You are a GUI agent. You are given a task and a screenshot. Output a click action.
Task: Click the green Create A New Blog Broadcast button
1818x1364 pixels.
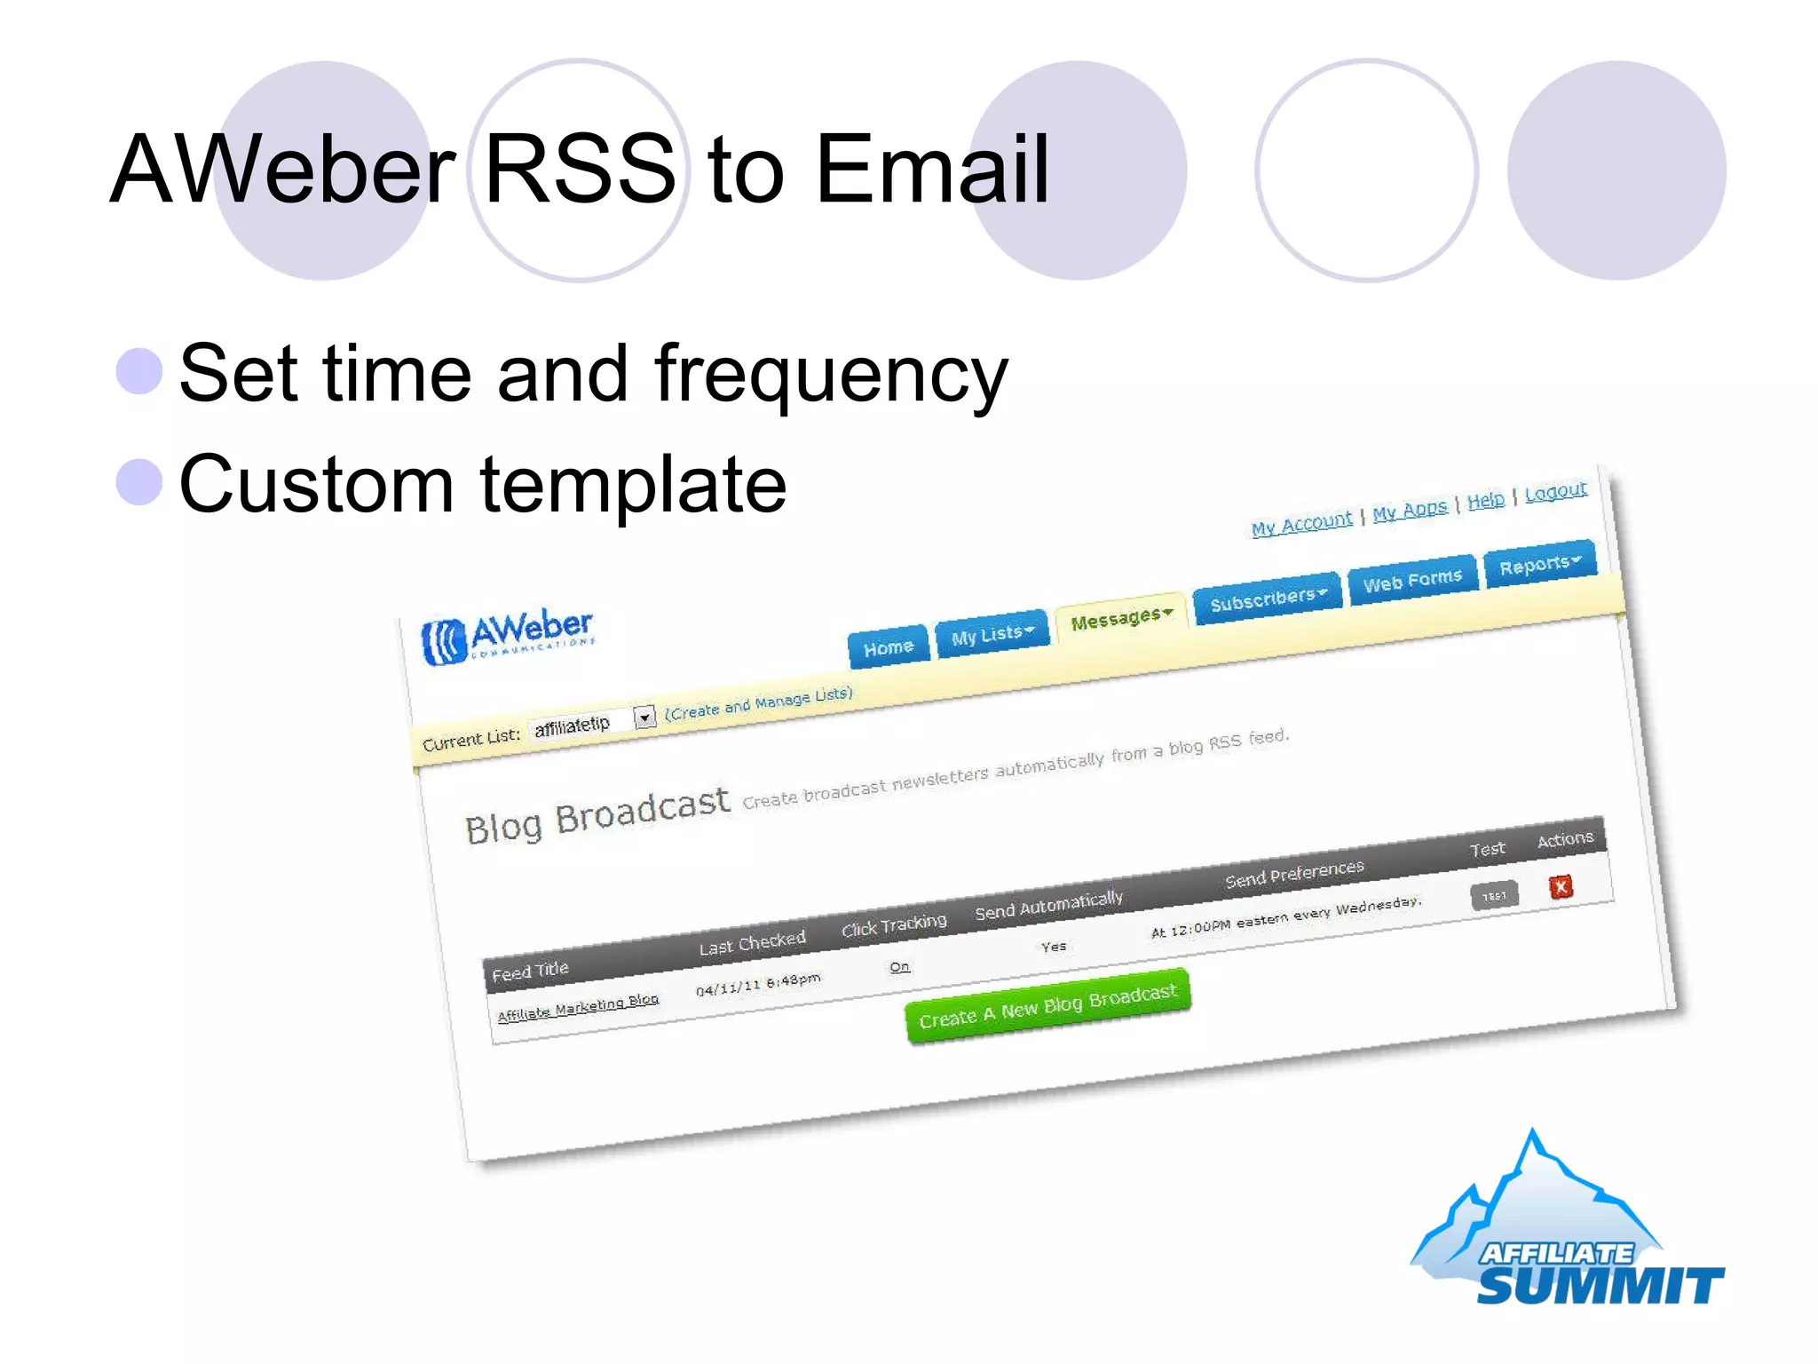(x=1047, y=1006)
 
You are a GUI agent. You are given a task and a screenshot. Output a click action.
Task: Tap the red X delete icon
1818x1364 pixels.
(x=1561, y=886)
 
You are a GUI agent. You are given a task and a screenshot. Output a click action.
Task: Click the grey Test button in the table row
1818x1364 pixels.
(x=1494, y=896)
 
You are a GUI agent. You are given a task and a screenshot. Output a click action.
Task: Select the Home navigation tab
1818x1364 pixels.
(x=888, y=646)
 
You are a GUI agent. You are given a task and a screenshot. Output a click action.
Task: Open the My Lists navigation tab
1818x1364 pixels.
(x=992, y=634)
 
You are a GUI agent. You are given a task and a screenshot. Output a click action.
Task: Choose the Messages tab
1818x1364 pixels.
(x=1121, y=617)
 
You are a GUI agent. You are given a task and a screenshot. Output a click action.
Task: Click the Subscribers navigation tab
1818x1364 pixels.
(x=1267, y=599)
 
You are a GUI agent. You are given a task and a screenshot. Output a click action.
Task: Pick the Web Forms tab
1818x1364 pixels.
(x=1412, y=580)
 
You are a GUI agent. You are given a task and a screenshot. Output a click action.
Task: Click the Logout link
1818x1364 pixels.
(x=1555, y=492)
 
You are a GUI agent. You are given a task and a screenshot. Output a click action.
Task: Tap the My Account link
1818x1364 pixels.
(x=1301, y=524)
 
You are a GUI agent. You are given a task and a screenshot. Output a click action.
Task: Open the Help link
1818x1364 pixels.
(x=1485, y=501)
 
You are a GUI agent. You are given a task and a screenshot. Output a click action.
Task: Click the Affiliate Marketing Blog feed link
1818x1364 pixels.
(x=578, y=1007)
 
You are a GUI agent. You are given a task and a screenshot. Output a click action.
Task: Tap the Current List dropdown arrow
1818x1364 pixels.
(x=644, y=716)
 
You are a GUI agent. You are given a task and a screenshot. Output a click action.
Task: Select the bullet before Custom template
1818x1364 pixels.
(x=139, y=482)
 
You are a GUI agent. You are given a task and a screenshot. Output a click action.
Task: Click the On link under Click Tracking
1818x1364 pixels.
(x=899, y=966)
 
